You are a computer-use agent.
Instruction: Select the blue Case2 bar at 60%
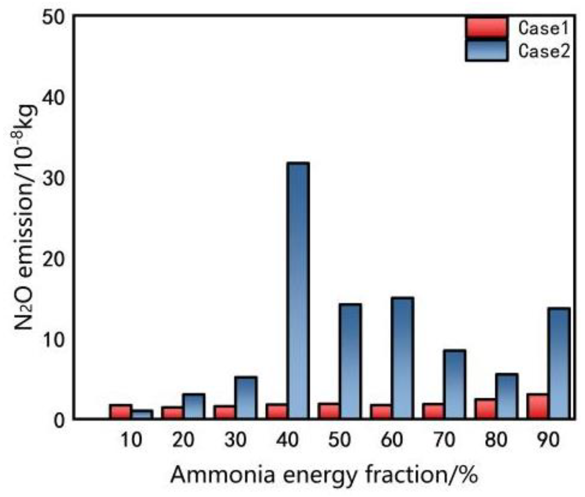(x=402, y=358)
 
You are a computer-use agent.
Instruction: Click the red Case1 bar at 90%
(x=537, y=406)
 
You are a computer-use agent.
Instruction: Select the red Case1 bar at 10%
(x=120, y=411)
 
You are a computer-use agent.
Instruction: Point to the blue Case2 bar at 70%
(x=454, y=384)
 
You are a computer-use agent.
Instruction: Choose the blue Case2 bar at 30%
(x=246, y=397)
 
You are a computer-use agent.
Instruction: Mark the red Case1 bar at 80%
(x=485, y=409)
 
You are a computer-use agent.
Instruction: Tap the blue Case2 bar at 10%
(x=142, y=415)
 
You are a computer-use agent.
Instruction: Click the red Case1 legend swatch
(x=487, y=27)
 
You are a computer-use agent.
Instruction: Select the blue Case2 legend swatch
(x=487, y=50)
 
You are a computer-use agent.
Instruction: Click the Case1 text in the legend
(x=543, y=28)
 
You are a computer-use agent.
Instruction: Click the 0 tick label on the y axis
(x=60, y=419)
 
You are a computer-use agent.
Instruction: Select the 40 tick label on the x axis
(x=288, y=440)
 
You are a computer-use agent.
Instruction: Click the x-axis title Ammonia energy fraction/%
(x=324, y=475)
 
